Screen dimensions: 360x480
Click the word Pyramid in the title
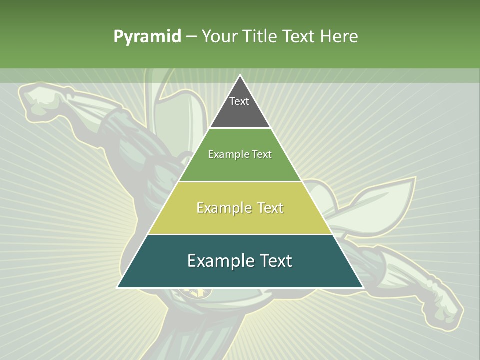coord(147,36)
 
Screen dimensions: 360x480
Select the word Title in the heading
coord(261,36)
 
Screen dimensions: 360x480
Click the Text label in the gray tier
coord(239,101)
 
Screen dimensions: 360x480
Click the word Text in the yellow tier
coord(271,208)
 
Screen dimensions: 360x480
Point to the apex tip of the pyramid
coord(240,76)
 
